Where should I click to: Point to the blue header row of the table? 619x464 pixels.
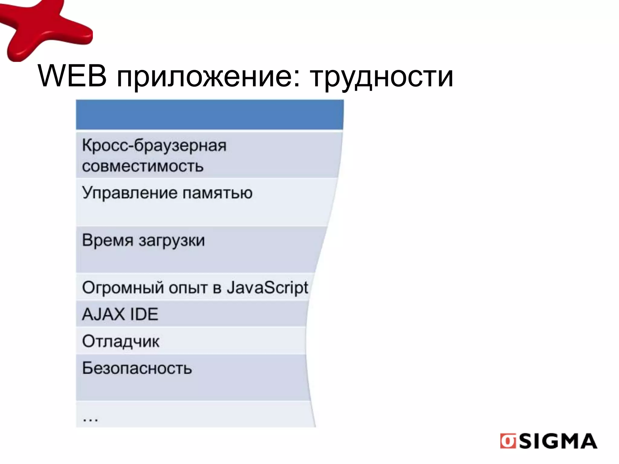(x=209, y=115)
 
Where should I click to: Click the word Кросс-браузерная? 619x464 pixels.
(x=154, y=146)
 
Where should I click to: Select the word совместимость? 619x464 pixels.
(x=143, y=166)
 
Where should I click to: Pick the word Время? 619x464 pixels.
(x=108, y=240)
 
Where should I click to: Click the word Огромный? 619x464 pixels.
(x=123, y=288)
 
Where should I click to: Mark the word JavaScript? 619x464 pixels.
(x=267, y=288)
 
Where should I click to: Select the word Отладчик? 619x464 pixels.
(x=121, y=342)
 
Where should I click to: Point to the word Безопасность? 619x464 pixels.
(x=137, y=368)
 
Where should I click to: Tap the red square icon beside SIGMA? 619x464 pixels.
(x=508, y=441)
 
